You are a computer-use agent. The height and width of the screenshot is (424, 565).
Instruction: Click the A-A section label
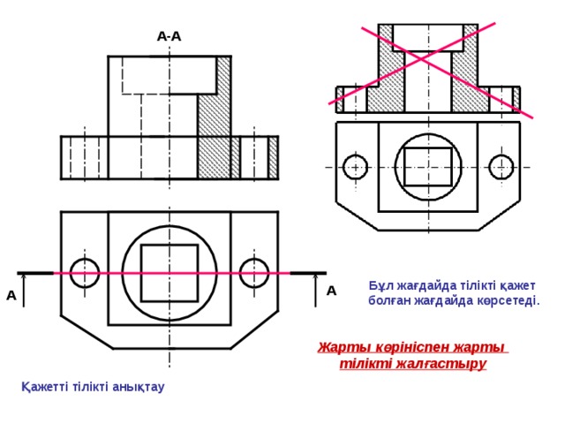click(x=169, y=36)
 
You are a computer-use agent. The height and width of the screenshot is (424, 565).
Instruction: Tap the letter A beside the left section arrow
click(x=11, y=296)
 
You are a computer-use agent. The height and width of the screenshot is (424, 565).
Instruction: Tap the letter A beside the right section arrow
click(x=331, y=291)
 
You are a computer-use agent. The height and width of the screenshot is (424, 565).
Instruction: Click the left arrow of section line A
click(x=24, y=291)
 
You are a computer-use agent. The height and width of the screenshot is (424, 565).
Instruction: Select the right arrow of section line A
click(x=316, y=291)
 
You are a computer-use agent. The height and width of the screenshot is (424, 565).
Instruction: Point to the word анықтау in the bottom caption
click(x=139, y=387)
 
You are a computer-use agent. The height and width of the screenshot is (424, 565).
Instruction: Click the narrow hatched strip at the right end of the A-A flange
click(x=273, y=157)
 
